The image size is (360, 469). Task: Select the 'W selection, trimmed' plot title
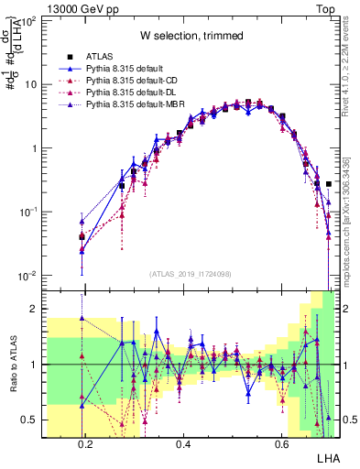click(x=191, y=36)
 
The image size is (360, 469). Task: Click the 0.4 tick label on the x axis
click(x=183, y=444)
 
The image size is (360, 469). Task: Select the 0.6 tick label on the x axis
click(x=281, y=444)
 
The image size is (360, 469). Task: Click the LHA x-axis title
click(x=326, y=457)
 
